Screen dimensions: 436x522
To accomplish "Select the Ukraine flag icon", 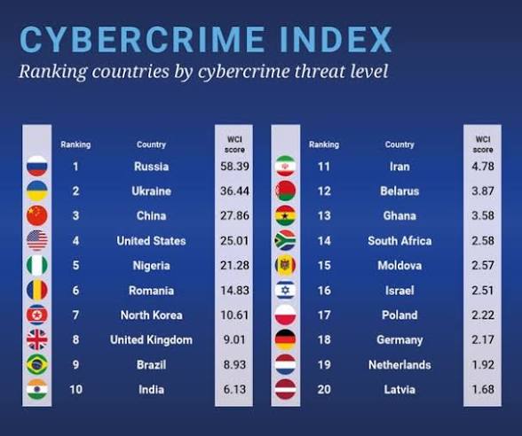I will [x=37, y=191].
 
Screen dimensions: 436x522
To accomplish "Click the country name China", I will [x=151, y=215].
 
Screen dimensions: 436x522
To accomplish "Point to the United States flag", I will [x=37, y=240].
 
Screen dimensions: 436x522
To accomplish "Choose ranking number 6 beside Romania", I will [x=75, y=291].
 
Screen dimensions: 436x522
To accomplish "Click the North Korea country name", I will [x=151, y=315].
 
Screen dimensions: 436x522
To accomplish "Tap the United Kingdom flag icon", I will [x=37, y=340].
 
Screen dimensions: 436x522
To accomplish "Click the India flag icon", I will [x=37, y=390].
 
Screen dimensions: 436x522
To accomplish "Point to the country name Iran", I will [x=399, y=167].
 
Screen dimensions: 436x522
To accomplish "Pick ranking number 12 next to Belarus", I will [x=324, y=191].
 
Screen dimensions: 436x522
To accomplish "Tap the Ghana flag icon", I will [x=286, y=215].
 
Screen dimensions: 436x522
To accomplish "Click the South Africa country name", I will [x=399, y=241].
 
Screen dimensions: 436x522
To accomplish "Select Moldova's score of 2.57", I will [x=483, y=266].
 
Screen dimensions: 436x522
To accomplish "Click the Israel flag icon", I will [x=286, y=290].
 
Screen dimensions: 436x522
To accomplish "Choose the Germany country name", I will [x=399, y=340].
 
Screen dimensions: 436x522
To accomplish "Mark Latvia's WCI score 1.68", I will [x=483, y=390].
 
